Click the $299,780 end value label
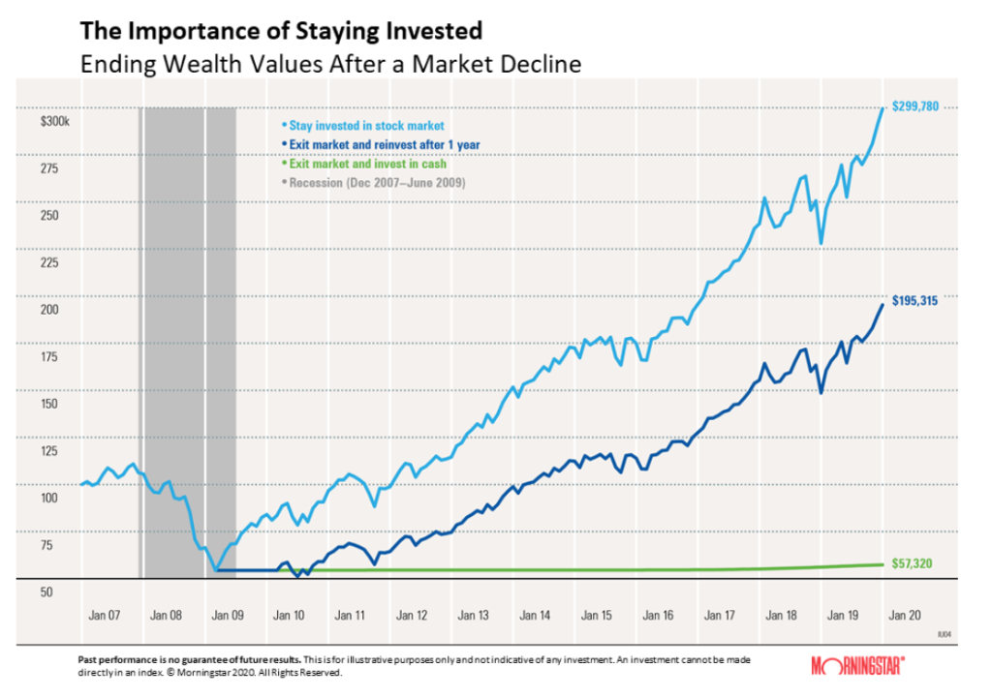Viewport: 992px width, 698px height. pos(915,107)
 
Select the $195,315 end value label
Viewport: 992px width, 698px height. pos(915,301)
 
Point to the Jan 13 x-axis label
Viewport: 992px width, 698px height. pos(474,616)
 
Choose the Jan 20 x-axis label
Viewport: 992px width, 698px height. pos(904,616)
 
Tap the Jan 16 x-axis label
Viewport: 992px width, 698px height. pos(658,616)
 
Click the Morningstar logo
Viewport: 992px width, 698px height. pos(858,665)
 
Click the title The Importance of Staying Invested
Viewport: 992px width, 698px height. pos(281,32)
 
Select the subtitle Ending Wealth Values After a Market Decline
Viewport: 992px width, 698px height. pos(330,65)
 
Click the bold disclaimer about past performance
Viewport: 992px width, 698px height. pos(189,658)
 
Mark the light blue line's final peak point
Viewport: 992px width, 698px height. pos(883,107)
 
